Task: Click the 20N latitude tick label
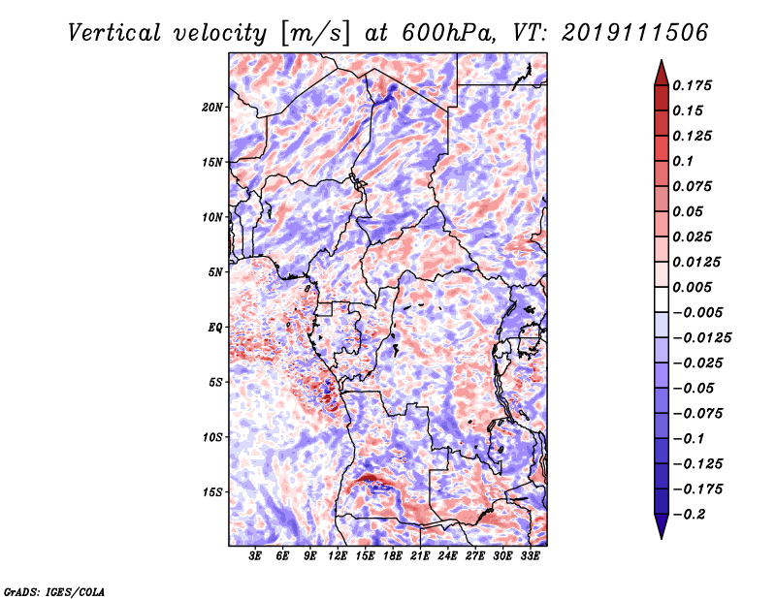pos(211,108)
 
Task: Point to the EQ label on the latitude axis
pos(215,328)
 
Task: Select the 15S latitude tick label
pos(212,492)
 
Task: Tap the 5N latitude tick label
pos(215,272)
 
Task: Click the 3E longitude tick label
pos(255,556)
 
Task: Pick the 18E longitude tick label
pos(393,556)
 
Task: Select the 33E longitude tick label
pos(530,556)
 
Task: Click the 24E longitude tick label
pos(447,556)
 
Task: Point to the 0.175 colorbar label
pos(692,85)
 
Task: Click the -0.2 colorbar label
pos(689,515)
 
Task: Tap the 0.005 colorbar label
pos(692,287)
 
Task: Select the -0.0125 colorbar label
pos(701,338)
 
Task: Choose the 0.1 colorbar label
pos(683,161)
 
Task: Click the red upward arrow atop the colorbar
pos(662,73)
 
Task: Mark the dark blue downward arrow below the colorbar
pos(662,526)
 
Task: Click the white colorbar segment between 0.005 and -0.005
pos(662,299)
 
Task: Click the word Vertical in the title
pos(114,33)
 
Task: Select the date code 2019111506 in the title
pos(635,33)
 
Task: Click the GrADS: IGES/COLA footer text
pos(54,591)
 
